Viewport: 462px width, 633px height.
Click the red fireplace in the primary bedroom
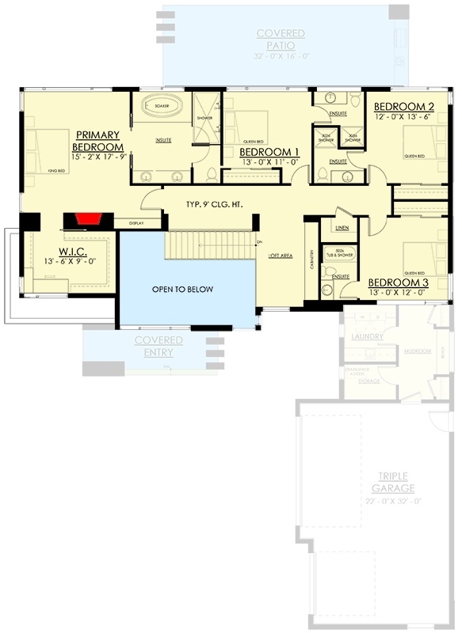(83, 219)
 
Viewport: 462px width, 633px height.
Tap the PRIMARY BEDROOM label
(97, 142)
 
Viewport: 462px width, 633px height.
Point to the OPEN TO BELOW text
(183, 290)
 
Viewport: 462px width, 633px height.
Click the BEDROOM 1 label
(269, 152)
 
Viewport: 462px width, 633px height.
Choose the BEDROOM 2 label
(404, 106)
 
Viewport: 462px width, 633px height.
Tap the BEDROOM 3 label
(398, 282)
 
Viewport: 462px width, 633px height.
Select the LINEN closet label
(342, 228)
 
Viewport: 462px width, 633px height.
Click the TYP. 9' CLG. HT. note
(214, 203)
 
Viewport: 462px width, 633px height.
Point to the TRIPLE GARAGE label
(388, 482)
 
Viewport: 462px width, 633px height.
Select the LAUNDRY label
(367, 337)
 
